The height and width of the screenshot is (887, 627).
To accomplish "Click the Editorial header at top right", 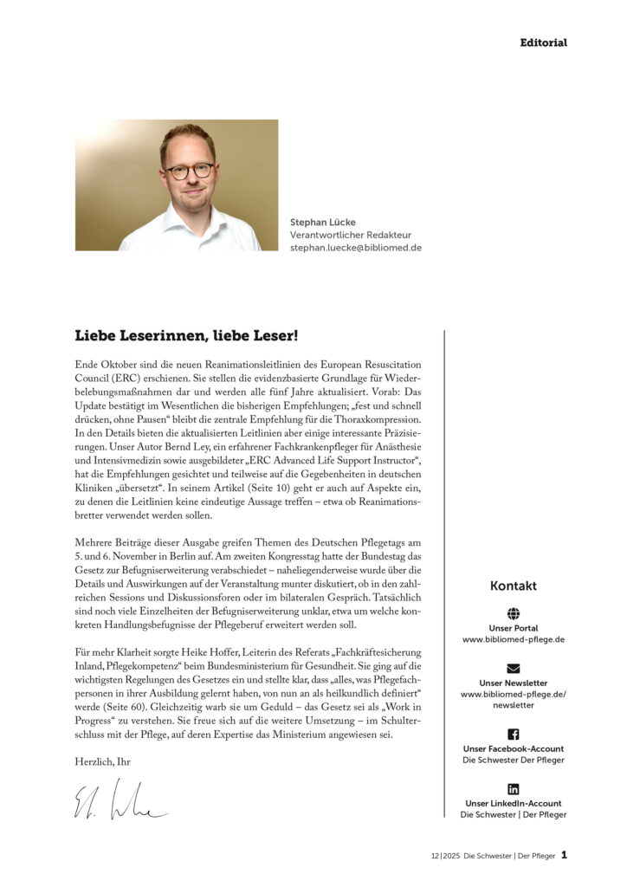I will point(543,42).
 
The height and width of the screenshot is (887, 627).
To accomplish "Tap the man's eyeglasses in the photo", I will point(190,171).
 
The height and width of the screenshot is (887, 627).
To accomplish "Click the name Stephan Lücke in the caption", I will point(323,223).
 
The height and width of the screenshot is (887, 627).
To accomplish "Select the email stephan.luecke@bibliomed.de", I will point(356,248).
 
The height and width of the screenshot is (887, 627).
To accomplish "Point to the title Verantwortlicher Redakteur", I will point(350,235).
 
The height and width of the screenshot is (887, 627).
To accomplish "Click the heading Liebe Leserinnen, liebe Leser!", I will point(187,334).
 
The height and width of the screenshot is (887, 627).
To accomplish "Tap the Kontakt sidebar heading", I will point(513,586).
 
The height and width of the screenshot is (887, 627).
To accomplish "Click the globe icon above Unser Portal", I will point(513,613).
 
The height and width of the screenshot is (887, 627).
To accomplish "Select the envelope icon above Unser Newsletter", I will point(513,668).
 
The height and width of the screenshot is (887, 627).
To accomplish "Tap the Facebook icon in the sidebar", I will point(513,734).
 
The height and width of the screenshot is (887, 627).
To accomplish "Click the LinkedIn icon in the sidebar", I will point(513,788).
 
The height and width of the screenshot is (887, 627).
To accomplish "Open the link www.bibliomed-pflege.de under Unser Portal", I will point(513,639).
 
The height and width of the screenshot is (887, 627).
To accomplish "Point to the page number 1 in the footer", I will point(564,855).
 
